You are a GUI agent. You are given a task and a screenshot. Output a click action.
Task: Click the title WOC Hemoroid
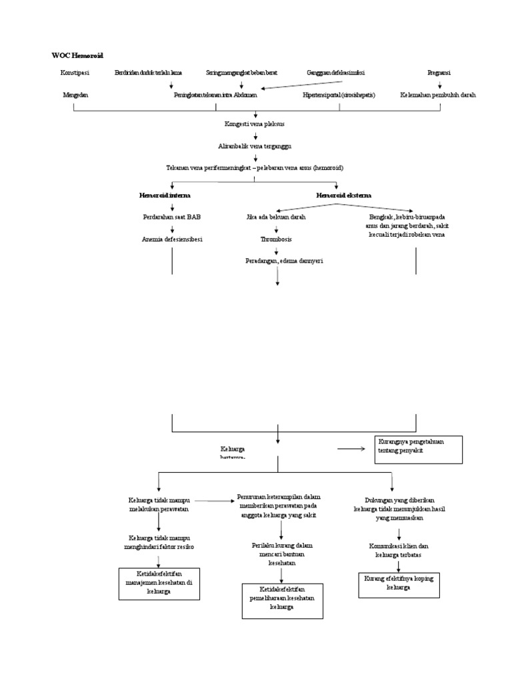click(78, 55)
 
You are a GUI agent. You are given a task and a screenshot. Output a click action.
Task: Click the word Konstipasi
click(75, 72)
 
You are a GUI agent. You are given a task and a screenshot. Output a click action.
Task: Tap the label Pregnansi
click(439, 72)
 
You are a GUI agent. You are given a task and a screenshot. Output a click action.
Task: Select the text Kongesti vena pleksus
click(255, 125)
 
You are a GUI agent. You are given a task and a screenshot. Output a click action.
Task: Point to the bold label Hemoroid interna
click(165, 195)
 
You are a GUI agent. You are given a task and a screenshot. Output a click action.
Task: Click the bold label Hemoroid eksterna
click(344, 195)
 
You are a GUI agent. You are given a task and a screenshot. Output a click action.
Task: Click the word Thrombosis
click(276, 239)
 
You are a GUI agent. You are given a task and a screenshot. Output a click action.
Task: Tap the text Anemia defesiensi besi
click(172, 239)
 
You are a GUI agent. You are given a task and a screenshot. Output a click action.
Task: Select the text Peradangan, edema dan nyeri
click(284, 261)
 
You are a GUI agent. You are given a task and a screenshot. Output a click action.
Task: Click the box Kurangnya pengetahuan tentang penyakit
click(417, 449)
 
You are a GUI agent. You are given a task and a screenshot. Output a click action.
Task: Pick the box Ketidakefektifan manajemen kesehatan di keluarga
click(159, 583)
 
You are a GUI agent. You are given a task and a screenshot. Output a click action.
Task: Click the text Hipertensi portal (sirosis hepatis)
click(339, 95)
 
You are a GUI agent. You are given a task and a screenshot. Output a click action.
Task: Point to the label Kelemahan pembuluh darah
click(438, 95)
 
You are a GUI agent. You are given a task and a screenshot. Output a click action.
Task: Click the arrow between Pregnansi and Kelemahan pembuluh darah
click(439, 84)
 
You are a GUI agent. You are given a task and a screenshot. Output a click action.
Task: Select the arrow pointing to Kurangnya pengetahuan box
click(351, 449)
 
